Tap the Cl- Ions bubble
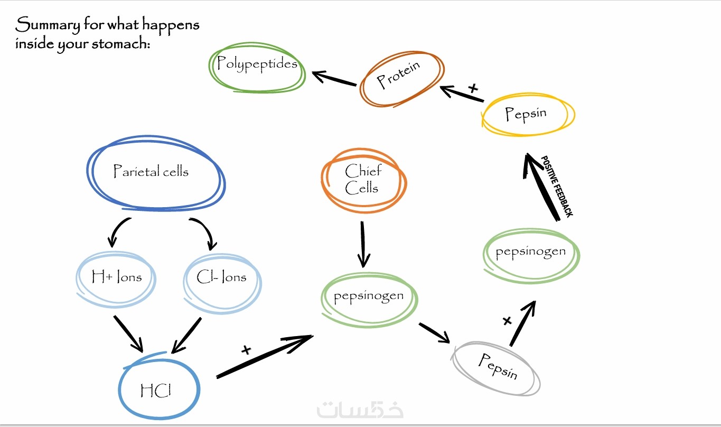(x=222, y=278)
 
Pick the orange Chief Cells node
(x=363, y=180)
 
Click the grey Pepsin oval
(x=497, y=368)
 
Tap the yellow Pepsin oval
(x=527, y=114)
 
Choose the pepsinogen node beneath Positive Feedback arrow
(x=531, y=254)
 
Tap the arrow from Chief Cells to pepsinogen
(x=363, y=243)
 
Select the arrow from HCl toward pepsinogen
(x=264, y=356)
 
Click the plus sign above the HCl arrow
(x=246, y=349)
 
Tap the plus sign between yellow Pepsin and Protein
(x=473, y=88)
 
